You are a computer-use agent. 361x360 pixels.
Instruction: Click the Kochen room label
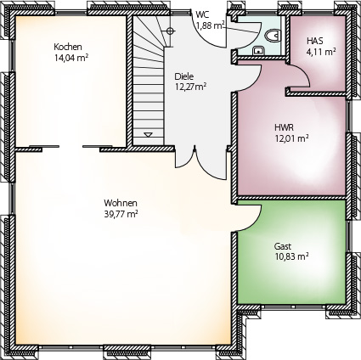68,47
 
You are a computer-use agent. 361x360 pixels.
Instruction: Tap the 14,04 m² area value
71,58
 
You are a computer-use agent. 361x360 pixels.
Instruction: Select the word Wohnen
121,203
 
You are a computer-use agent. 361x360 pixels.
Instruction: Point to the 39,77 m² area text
121,214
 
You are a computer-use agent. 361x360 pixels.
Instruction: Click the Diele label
184,76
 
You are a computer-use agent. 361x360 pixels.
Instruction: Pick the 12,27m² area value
190,87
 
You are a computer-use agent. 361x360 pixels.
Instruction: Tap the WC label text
202,15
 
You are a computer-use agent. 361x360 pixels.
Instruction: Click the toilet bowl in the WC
273,36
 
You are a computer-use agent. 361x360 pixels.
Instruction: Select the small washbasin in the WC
258,51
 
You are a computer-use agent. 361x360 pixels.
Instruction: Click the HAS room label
315,41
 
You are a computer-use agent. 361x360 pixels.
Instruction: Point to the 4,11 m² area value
321,52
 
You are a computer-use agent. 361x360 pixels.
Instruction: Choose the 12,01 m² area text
291,138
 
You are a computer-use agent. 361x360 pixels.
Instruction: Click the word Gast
283,246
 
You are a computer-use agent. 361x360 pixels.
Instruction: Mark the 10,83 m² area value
291,257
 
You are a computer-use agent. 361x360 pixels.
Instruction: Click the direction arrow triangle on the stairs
148,135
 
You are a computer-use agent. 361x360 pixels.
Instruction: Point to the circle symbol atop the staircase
170,31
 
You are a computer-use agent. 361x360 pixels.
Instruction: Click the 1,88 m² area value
211,26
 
